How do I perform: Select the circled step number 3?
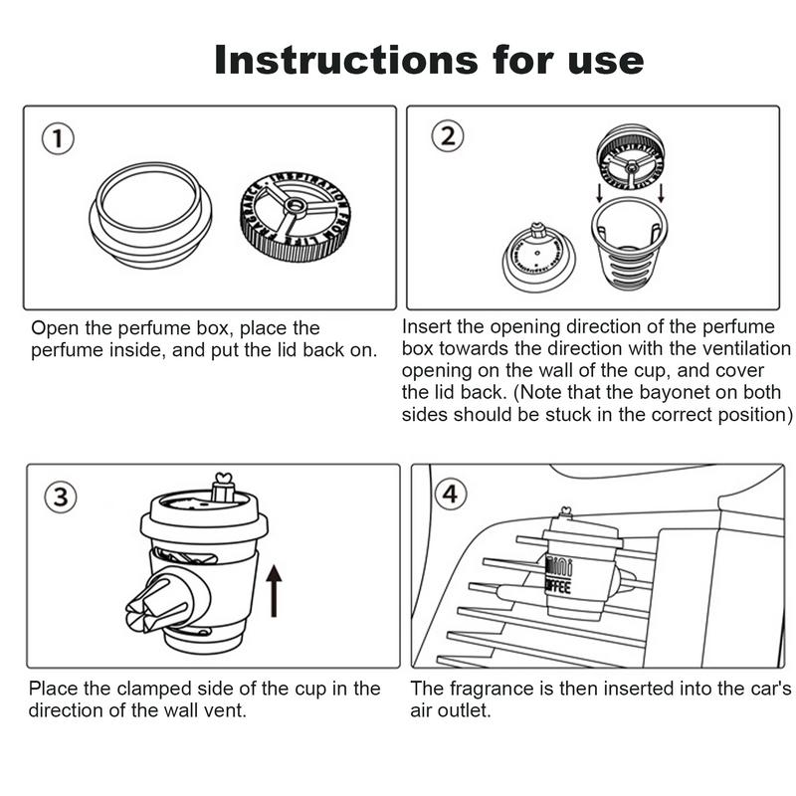click(x=62, y=497)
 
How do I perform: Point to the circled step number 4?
click(x=450, y=494)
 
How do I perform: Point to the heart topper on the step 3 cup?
click(x=222, y=485)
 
